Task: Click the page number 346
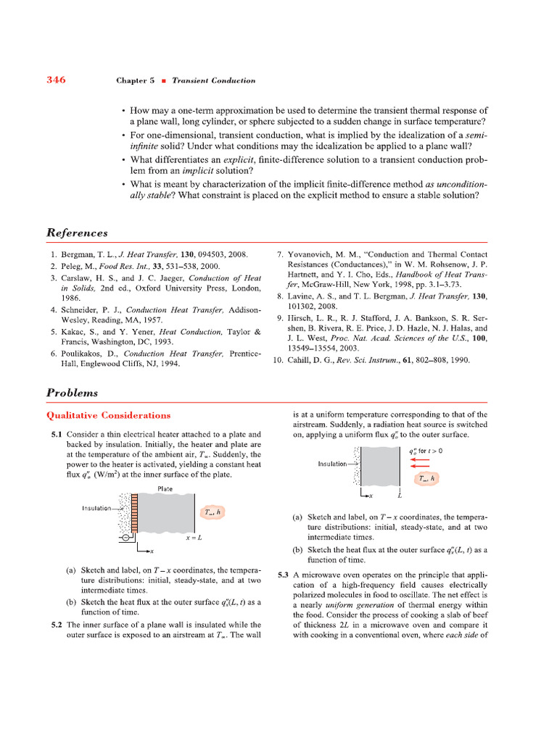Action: [56, 80]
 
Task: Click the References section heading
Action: [77, 233]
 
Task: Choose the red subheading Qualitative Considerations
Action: [109, 415]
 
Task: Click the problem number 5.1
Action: [56, 434]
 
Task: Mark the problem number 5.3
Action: [284, 575]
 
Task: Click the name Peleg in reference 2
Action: [78, 266]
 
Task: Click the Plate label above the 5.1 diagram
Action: [165, 489]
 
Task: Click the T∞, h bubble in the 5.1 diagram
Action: [213, 512]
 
